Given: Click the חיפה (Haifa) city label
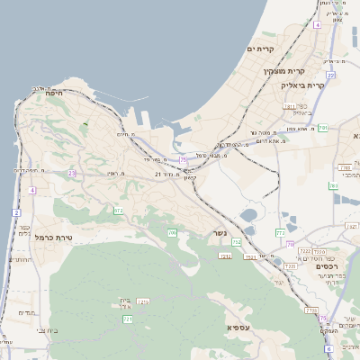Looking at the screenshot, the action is point(57,92).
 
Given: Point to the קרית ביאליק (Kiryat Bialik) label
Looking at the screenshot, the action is point(301,85).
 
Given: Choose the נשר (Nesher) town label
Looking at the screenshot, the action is point(220,234).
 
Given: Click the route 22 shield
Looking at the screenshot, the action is point(330,75).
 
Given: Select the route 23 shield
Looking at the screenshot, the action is point(71,173).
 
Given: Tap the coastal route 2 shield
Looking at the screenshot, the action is point(16,212).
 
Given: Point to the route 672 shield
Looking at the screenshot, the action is point(118,211).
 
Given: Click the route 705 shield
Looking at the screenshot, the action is point(172,233).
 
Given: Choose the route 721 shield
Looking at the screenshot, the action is point(128,319).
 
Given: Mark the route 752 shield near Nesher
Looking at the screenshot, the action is point(237,242).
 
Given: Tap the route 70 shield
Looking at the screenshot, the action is point(290,244).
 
